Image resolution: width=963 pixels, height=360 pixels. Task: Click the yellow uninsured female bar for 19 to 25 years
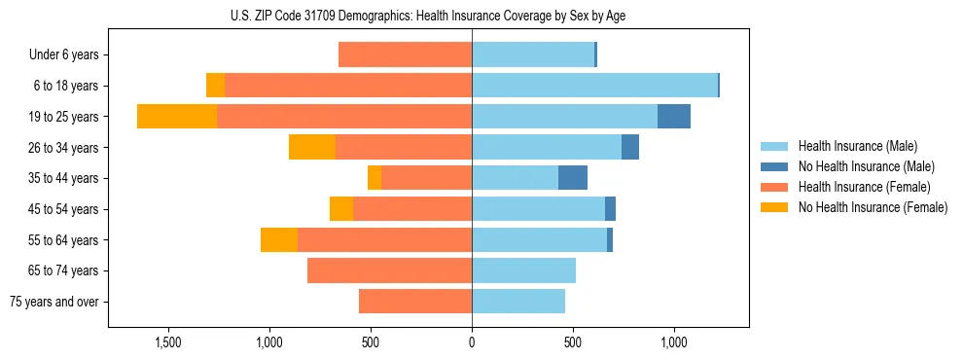coord(177,117)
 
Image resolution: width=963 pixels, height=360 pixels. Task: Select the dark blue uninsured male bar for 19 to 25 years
coord(674,117)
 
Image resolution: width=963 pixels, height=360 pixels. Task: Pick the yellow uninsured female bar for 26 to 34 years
coord(312,148)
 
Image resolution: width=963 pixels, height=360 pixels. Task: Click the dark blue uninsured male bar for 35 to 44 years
coord(573,178)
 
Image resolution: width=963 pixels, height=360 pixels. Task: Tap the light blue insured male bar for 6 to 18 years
coord(594,86)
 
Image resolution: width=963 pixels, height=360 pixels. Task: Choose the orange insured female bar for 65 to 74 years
coord(389,270)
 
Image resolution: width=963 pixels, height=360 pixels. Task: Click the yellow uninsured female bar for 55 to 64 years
coord(279,240)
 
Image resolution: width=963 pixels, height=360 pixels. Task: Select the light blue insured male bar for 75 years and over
coord(518,302)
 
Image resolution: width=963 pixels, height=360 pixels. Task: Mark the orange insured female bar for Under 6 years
coord(405,55)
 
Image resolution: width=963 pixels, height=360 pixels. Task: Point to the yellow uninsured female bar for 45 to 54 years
coord(341,209)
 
